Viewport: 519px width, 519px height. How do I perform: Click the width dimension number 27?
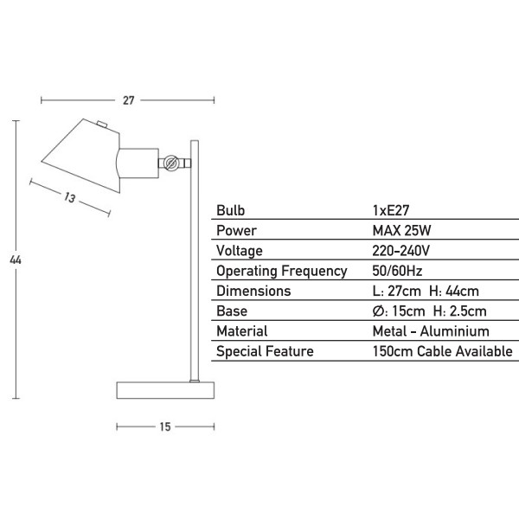(x=128, y=100)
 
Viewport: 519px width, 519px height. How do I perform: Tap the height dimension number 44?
(x=16, y=259)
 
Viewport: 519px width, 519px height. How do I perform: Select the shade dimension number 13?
(x=69, y=197)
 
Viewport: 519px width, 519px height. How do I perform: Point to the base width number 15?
(x=165, y=426)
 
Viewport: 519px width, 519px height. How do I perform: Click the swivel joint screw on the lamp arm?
(x=171, y=163)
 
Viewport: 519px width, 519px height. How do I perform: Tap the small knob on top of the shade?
(x=102, y=125)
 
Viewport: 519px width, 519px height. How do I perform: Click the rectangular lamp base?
(x=165, y=390)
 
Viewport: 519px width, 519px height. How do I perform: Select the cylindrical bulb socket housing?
(x=138, y=163)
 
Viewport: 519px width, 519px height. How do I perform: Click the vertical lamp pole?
(x=195, y=261)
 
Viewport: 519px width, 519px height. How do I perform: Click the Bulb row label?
(x=230, y=210)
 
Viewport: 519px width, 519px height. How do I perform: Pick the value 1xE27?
(x=391, y=210)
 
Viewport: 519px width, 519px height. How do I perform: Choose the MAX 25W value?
(x=401, y=230)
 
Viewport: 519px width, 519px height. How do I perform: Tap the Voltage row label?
(x=240, y=251)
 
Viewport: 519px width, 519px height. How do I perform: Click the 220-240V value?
(x=400, y=251)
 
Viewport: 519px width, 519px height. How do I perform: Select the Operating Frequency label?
(x=282, y=271)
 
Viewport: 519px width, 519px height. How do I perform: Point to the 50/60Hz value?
(x=397, y=271)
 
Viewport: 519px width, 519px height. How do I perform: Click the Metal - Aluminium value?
(x=431, y=331)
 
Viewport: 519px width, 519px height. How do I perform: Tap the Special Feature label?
(x=265, y=351)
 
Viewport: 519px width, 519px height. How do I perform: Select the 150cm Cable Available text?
(x=443, y=351)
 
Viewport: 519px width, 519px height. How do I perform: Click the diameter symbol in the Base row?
(x=378, y=311)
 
